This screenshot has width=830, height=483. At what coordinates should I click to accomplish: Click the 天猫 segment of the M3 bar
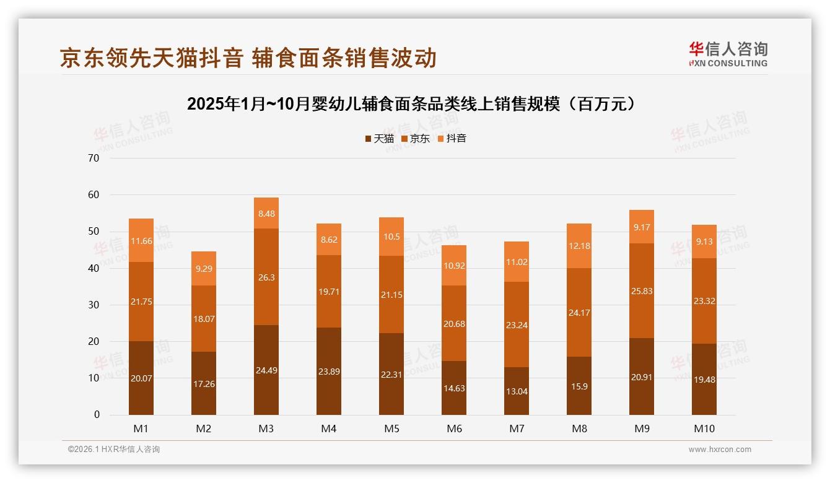point(266,370)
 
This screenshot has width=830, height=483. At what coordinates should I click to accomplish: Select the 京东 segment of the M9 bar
point(642,290)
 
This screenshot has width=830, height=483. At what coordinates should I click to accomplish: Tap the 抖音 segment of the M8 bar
point(579,246)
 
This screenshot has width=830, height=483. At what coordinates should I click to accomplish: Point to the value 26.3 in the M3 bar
point(266,277)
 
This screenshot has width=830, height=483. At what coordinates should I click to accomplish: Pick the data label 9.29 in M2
point(204,269)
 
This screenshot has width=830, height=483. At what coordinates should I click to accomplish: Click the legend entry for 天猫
point(379,139)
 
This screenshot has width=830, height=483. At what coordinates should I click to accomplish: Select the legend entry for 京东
point(416,139)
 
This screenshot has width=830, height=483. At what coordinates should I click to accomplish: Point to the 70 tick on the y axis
point(94,158)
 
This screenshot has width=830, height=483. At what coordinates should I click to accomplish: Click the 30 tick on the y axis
point(94,305)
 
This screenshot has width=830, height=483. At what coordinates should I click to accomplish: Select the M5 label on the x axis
point(391,429)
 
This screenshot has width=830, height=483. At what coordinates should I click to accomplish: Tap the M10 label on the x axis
point(704,429)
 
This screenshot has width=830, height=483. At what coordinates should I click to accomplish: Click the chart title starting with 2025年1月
point(412,104)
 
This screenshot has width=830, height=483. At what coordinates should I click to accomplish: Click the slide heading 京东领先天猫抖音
point(248,58)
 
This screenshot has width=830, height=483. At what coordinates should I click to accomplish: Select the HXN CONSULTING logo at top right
point(728,54)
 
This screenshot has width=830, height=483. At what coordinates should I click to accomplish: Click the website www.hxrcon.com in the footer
point(720,450)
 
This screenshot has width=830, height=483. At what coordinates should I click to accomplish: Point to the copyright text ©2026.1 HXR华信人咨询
point(114,450)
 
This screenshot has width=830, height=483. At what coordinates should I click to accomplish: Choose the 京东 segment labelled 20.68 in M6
point(454,323)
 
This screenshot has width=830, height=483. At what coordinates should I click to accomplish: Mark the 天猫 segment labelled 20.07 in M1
point(141,378)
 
